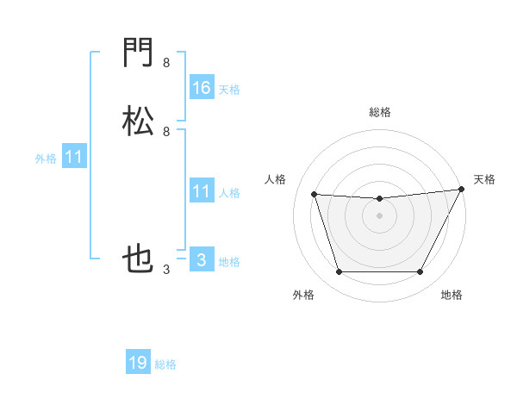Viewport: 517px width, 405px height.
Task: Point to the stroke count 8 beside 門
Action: click(x=166, y=63)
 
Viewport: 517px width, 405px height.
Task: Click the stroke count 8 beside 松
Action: click(x=166, y=131)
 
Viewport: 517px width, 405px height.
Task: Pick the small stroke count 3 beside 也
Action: click(x=166, y=270)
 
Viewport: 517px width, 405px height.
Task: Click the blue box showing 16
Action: click(x=201, y=87)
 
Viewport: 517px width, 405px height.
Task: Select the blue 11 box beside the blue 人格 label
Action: click(x=201, y=191)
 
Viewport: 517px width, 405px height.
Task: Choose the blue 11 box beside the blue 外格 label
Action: click(x=74, y=157)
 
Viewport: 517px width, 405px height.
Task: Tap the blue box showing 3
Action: click(x=201, y=260)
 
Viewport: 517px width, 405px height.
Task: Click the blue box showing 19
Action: click(x=138, y=363)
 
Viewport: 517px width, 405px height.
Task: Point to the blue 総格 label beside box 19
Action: click(x=165, y=364)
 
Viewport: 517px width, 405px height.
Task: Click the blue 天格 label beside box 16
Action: click(x=229, y=89)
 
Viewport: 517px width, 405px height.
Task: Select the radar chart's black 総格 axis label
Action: click(x=379, y=112)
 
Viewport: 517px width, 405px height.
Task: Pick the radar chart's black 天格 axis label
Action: click(x=485, y=179)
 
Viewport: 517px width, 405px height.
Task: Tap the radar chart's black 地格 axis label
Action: click(x=452, y=296)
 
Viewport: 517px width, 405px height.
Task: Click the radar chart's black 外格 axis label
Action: click(x=303, y=296)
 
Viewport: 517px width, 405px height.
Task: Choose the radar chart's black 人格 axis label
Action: click(x=276, y=179)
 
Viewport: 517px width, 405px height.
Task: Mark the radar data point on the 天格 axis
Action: click(x=463, y=190)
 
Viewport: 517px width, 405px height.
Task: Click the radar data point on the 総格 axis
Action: click(x=379, y=199)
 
